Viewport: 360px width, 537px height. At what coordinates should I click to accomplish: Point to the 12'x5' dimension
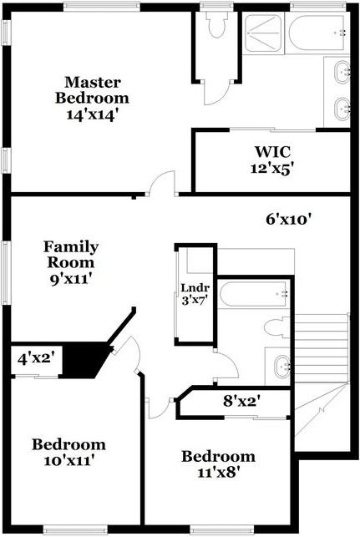pyautogui.click(x=273, y=167)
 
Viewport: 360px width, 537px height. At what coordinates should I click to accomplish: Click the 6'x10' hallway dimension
pyautogui.click(x=288, y=220)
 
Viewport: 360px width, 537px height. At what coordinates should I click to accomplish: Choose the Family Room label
pyautogui.click(x=71, y=255)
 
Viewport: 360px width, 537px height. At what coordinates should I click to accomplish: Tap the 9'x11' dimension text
pyautogui.click(x=71, y=280)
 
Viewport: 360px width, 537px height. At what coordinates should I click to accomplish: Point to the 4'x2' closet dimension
pyautogui.click(x=36, y=358)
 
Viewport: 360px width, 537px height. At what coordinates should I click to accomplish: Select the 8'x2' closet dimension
pyautogui.click(x=242, y=401)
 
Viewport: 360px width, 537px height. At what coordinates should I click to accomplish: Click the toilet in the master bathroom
pyautogui.click(x=217, y=27)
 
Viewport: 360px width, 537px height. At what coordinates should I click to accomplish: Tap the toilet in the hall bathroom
pyautogui.click(x=274, y=329)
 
